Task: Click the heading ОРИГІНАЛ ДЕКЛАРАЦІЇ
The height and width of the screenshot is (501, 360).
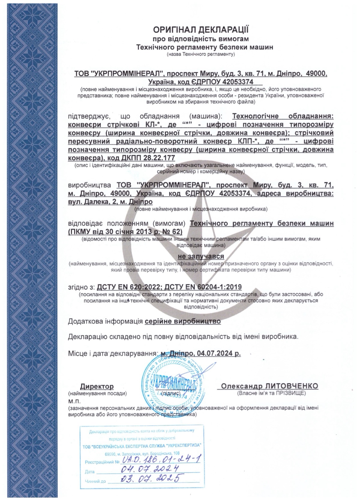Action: pos(201,30)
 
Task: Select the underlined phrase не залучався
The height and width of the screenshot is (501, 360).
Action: pos(201,256)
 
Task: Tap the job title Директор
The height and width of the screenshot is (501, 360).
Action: pos(97,386)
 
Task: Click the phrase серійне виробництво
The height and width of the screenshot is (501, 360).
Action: pos(183,321)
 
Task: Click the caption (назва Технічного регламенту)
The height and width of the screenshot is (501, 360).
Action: pos(201,54)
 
